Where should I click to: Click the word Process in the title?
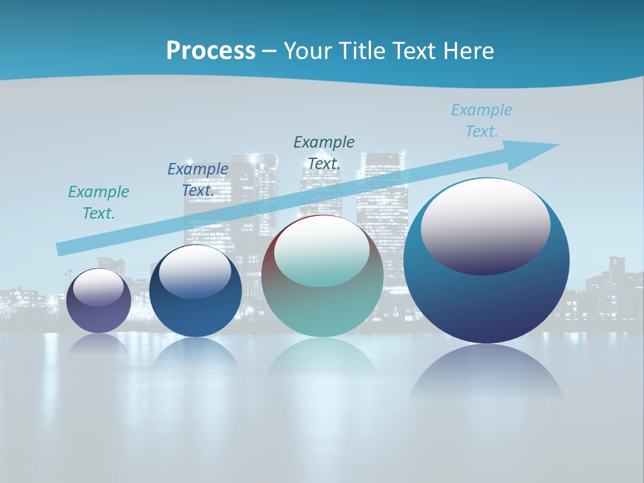(211, 51)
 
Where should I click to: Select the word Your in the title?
(306, 51)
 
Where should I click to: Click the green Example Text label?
(99, 202)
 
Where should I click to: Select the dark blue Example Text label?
(198, 179)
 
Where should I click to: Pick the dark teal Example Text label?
(324, 152)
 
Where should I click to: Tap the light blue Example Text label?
(482, 120)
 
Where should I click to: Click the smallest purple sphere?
(99, 315)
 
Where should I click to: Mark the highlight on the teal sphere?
(322, 250)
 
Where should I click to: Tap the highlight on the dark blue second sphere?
(195, 271)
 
